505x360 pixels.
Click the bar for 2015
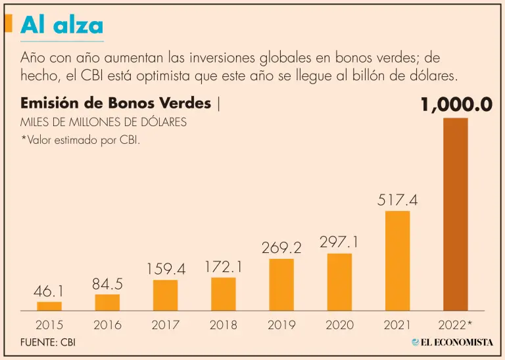49,306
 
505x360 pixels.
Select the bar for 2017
165,295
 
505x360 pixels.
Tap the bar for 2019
281,284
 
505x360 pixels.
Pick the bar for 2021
397,260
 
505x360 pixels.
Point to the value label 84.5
107,284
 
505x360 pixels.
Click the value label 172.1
224,267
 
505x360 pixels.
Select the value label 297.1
339,242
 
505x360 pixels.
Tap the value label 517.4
397,200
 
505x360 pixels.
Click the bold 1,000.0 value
456,106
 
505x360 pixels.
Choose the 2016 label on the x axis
107,325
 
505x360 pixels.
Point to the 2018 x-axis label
224,325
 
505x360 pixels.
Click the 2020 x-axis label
339,325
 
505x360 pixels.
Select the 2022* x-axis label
455,325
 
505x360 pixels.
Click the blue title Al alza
62,25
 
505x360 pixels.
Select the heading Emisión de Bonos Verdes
116,104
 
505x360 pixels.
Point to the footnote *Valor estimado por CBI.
80,141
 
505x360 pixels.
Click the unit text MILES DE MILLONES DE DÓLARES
103,122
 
